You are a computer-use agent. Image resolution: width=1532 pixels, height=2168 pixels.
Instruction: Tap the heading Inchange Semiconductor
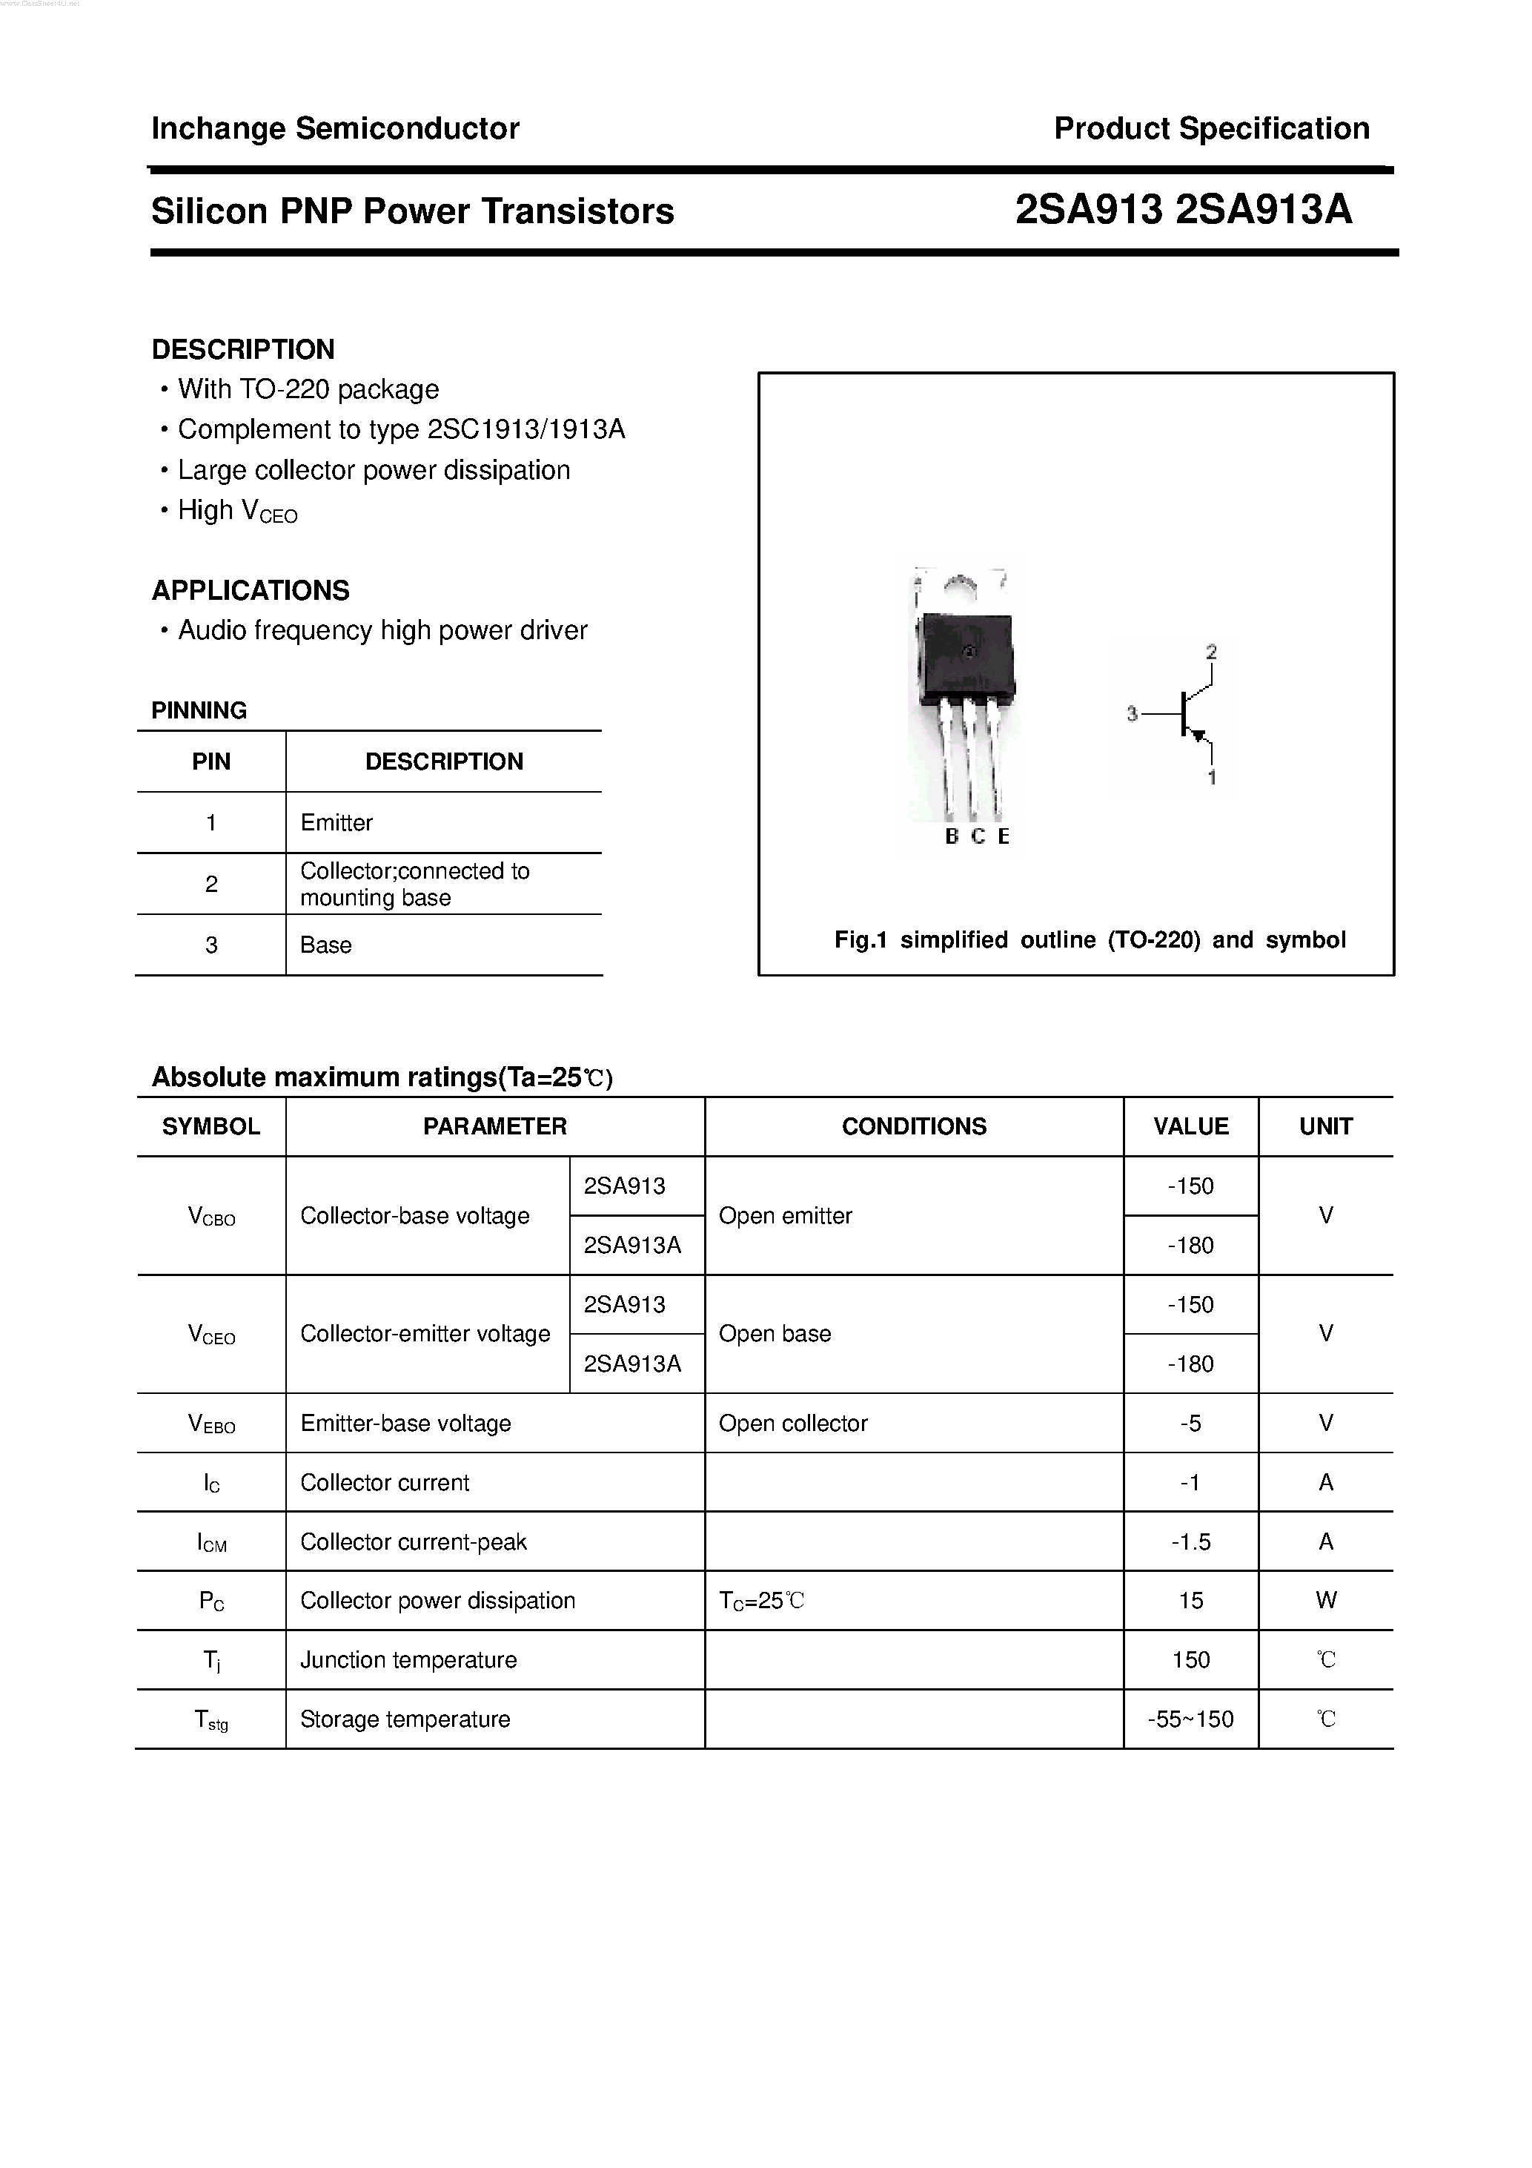pyautogui.click(x=335, y=128)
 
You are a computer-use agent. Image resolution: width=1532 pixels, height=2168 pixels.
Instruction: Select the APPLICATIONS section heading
pyautogui.click(x=250, y=590)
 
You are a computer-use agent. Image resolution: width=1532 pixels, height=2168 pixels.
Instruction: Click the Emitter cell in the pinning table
pyautogui.click(x=336, y=822)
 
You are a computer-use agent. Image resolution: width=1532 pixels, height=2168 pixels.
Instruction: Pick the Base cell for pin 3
pyautogui.click(x=325, y=945)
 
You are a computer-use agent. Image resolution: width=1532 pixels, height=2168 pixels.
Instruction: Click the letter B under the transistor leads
pyautogui.click(x=952, y=836)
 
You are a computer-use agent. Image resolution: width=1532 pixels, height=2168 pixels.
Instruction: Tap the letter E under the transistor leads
pyautogui.click(x=1004, y=836)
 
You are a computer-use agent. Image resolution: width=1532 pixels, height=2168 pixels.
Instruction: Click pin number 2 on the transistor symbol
pyautogui.click(x=1211, y=652)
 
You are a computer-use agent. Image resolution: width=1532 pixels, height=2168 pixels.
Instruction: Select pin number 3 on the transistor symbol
pyautogui.click(x=1132, y=715)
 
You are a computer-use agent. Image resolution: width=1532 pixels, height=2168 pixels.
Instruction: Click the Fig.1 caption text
pyautogui.click(x=1090, y=939)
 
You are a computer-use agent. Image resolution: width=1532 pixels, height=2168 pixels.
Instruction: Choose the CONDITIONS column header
pyautogui.click(x=914, y=1126)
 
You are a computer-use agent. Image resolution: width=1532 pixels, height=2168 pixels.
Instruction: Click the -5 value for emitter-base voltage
pyautogui.click(x=1190, y=1423)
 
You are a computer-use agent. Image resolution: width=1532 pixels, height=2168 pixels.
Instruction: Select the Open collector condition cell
pyautogui.click(x=793, y=1423)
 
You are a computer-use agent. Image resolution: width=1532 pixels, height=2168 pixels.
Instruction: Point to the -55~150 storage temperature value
pyautogui.click(x=1190, y=1719)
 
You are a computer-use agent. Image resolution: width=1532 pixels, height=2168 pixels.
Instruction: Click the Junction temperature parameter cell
pyautogui.click(x=408, y=1660)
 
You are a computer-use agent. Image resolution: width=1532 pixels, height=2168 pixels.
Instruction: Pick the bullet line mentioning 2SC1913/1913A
pyautogui.click(x=401, y=429)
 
